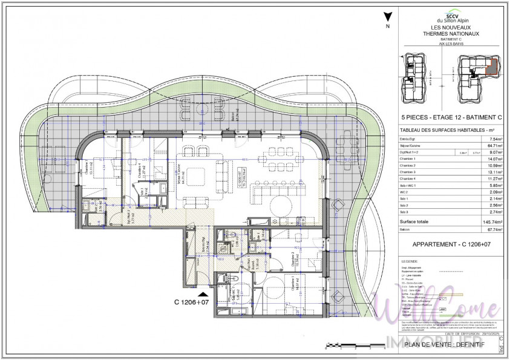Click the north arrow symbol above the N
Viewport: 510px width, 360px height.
[387, 18]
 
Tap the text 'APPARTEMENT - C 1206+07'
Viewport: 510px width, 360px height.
[450, 245]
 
